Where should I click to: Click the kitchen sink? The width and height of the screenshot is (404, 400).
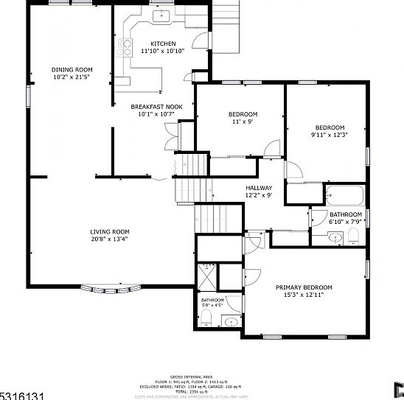pos(161,15)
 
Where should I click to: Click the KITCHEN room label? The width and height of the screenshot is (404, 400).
pos(162,43)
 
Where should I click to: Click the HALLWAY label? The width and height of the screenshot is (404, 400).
pos(259,188)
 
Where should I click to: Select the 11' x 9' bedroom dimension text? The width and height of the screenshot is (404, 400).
pos(243,122)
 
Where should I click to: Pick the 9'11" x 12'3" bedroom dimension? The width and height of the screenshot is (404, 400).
pos(329,134)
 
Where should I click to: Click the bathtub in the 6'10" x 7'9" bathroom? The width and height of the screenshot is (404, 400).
pos(344,196)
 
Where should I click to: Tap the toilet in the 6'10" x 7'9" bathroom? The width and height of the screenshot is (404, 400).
pos(354,235)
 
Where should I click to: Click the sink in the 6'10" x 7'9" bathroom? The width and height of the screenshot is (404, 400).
pos(335,237)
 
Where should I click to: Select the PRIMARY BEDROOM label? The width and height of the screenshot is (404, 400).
pos(304,287)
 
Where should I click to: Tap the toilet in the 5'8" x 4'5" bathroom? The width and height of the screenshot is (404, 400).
pos(207,318)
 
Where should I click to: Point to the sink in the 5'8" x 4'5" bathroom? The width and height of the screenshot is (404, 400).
pos(231,321)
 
